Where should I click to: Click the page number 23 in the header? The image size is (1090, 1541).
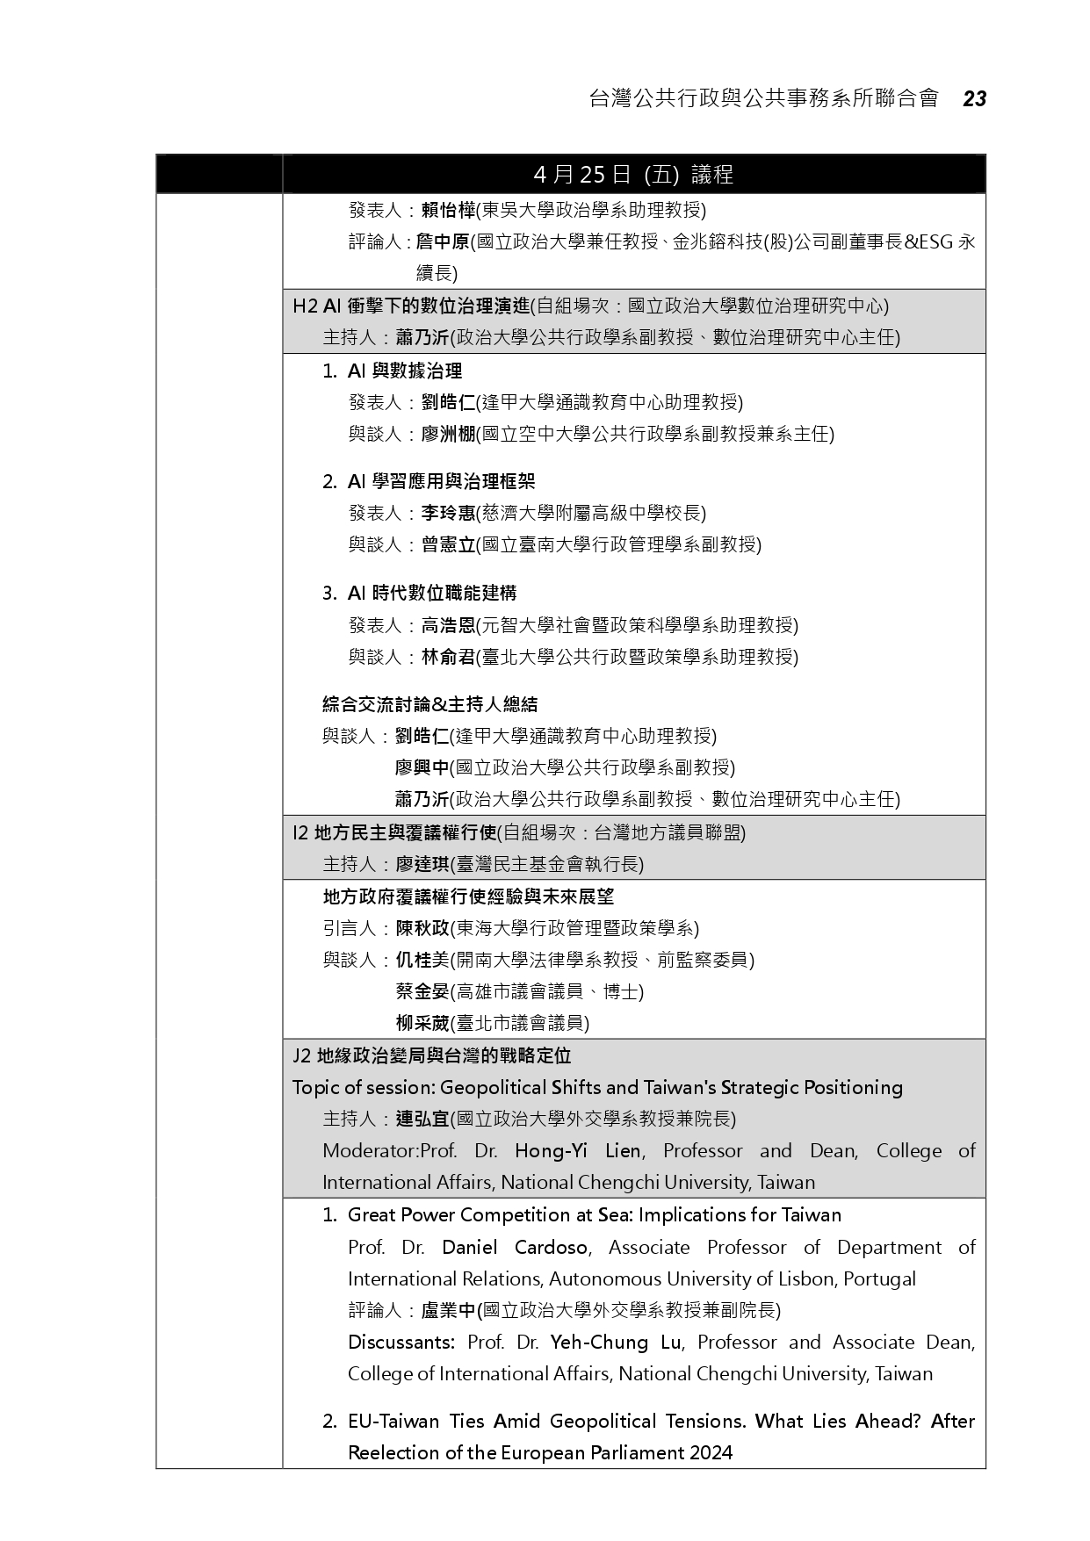[974, 99]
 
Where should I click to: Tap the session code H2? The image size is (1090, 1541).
[305, 306]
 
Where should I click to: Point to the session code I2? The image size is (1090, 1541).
[300, 832]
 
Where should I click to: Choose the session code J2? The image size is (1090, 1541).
[302, 1055]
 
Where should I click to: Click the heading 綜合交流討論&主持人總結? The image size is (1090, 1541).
[430, 704]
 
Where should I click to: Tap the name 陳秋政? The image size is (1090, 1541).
[422, 928]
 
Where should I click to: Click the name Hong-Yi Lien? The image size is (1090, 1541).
[577, 1150]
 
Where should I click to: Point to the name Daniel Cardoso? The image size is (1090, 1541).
[515, 1247]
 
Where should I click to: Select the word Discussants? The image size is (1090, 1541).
[401, 1342]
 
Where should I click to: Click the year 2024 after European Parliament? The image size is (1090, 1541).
[711, 1452]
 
